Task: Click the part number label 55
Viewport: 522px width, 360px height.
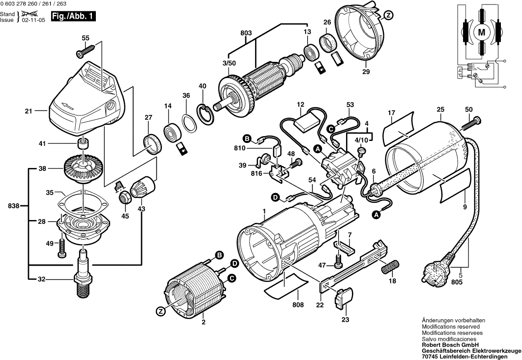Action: (x=86, y=38)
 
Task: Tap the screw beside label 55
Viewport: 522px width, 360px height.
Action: (x=85, y=50)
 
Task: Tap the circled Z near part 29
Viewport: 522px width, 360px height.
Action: (x=388, y=16)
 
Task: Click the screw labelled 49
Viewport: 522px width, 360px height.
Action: (x=62, y=248)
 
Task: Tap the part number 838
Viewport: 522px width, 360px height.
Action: (x=14, y=206)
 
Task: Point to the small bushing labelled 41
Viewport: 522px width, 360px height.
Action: (x=83, y=144)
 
